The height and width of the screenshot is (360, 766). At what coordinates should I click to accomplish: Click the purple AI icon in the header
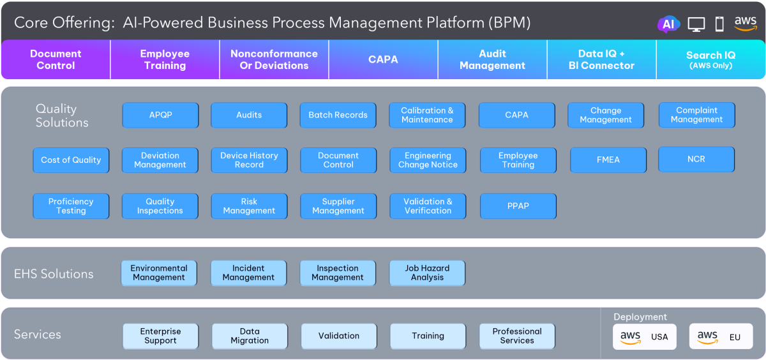668,24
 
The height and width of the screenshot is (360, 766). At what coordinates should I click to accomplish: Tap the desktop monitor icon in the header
696,24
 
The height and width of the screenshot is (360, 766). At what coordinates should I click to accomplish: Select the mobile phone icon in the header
719,24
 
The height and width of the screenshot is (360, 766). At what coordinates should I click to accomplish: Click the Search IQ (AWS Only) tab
710,60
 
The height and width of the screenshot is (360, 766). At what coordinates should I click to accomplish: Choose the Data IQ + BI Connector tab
601,60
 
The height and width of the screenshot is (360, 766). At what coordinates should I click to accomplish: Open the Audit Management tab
492,60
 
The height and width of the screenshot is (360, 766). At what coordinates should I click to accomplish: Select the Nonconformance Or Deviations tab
274,60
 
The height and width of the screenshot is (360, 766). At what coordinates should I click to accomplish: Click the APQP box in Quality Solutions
160,116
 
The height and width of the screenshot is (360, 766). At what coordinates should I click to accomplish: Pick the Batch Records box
338,116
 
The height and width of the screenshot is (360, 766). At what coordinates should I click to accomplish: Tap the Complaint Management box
696,115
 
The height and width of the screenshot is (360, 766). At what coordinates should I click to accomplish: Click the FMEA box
608,160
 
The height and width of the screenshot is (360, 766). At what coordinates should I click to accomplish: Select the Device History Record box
249,160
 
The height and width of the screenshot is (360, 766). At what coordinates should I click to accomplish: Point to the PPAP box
518,206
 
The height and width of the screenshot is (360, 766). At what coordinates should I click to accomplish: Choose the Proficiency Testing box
71,206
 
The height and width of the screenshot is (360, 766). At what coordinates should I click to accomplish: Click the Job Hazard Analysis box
427,273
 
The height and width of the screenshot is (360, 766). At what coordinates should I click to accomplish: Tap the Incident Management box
248,273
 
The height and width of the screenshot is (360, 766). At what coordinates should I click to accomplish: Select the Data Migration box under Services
250,336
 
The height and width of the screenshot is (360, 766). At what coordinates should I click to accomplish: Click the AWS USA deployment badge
644,336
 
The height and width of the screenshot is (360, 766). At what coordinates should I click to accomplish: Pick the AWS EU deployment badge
721,336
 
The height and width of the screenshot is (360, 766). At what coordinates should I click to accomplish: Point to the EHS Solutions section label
54,274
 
